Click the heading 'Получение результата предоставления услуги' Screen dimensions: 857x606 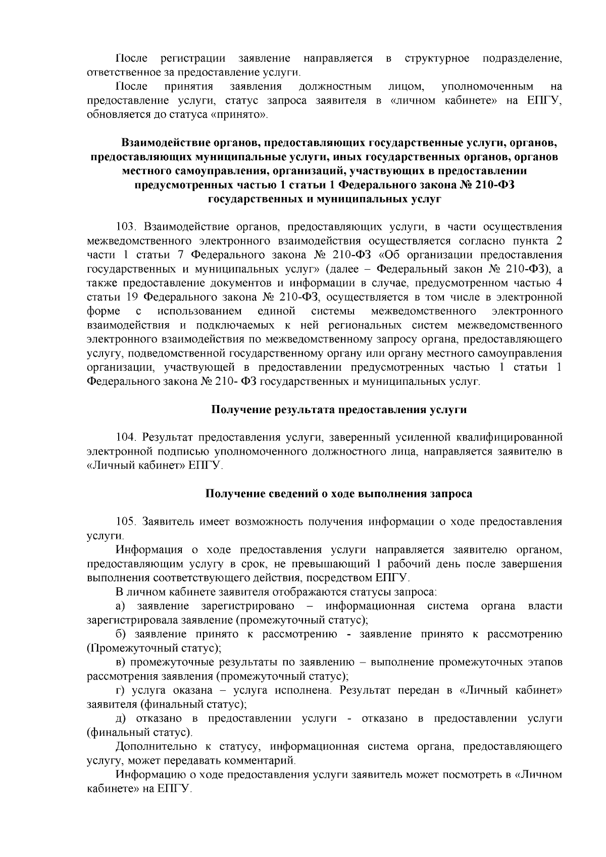pos(338,410)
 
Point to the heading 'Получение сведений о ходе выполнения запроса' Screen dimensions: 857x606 pos(338,493)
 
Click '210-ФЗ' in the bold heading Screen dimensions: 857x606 pos(494,185)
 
